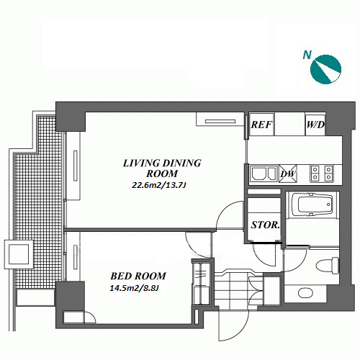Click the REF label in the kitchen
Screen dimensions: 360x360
pyautogui.click(x=261, y=125)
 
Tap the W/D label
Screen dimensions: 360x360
pyautogui.click(x=315, y=125)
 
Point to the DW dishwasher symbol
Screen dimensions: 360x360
pyautogui.click(x=288, y=174)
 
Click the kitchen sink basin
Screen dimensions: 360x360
pyautogui.click(x=264, y=174)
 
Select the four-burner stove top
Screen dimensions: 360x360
pyautogui.click(x=322, y=174)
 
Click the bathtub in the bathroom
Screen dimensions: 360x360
pyautogui.click(x=312, y=204)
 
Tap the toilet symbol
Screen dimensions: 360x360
pyautogui.click(x=328, y=266)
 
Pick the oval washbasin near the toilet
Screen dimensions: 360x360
pyautogui.click(x=305, y=292)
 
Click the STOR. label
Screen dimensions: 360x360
pyautogui.click(x=266, y=225)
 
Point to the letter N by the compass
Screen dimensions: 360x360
pyautogui.click(x=307, y=55)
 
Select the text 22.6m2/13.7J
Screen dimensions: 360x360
pyautogui.click(x=158, y=185)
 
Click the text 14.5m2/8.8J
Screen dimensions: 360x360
pyautogui.click(x=134, y=288)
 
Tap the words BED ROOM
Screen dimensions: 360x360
pyautogui.click(x=138, y=276)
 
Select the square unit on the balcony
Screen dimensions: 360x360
pyautogui.click(x=19, y=254)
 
